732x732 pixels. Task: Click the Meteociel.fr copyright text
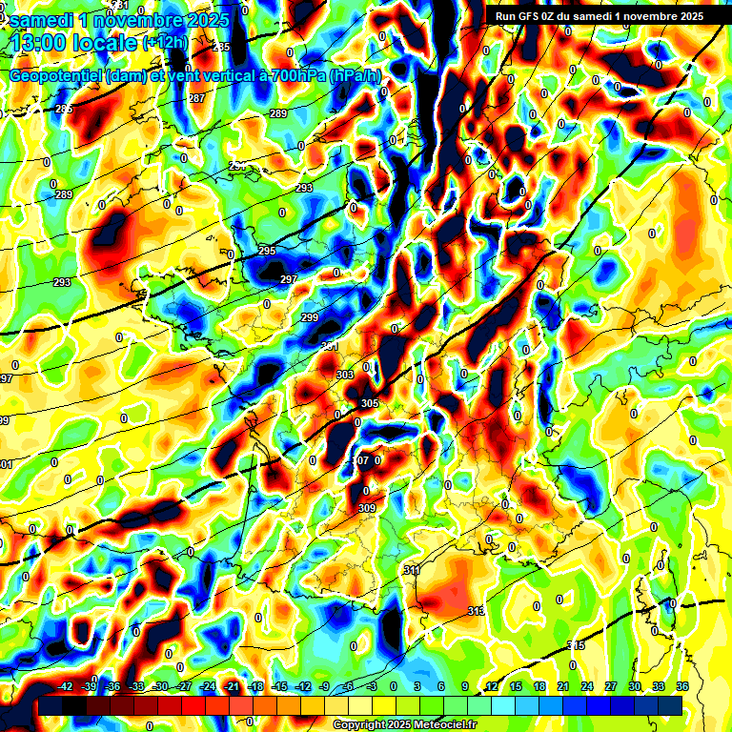[404, 725]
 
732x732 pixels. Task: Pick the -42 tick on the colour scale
[65, 686]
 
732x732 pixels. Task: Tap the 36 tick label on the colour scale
[682, 686]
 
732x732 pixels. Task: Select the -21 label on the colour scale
[232, 686]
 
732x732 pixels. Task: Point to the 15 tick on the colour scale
[516, 686]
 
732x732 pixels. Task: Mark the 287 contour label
[196, 99]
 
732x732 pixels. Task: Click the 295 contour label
[267, 251]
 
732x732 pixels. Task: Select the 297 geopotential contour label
[289, 278]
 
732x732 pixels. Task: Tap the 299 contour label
[309, 317]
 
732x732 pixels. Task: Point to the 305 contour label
[370, 403]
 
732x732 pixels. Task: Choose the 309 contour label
[367, 508]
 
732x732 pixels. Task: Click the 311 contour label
[412, 570]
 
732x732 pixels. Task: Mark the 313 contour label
[477, 611]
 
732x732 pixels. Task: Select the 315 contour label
[576, 646]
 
